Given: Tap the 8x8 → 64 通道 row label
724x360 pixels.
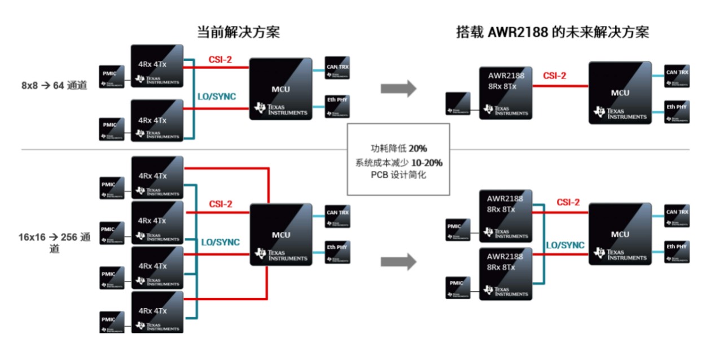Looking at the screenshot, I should pyautogui.click(x=54, y=86).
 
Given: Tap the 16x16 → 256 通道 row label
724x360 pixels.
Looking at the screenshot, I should pyautogui.click(x=54, y=243).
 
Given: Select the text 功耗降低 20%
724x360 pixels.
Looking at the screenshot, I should pyautogui.click(x=398, y=148).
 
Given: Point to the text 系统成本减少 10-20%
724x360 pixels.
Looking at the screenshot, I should pyautogui.click(x=398, y=162).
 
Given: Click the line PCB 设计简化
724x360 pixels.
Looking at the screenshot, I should pyautogui.click(x=398, y=175).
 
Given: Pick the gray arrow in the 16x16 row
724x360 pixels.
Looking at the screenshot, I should pyautogui.click(x=398, y=262).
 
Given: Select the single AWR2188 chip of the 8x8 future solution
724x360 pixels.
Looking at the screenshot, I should pyautogui.click(x=506, y=93).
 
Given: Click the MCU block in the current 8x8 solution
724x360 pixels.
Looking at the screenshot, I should pyautogui.click(x=280, y=89).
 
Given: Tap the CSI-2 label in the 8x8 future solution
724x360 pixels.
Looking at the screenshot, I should pyautogui.click(x=555, y=76).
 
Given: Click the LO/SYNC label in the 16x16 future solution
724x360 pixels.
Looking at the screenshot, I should pyautogui.click(x=565, y=245).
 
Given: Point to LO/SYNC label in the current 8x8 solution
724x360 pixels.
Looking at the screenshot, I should pyautogui.click(x=216, y=96).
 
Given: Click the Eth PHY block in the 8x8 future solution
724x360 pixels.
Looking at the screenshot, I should pyautogui.click(x=676, y=111).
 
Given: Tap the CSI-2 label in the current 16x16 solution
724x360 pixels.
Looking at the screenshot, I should pyautogui.click(x=221, y=204).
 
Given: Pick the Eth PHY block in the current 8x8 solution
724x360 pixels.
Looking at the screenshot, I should pyautogui.click(x=337, y=106).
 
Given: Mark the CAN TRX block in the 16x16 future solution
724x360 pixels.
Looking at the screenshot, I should pyautogui.click(x=677, y=216).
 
